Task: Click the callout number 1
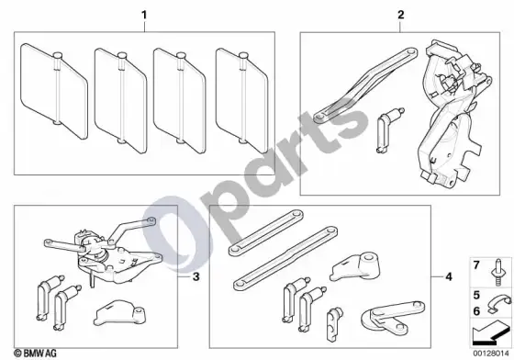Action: point(144,16)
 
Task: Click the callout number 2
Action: point(400,15)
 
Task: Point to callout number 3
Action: point(196,277)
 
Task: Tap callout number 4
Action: point(449,277)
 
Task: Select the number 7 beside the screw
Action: point(476,264)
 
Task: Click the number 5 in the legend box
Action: point(476,295)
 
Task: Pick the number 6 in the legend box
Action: point(476,311)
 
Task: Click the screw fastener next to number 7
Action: point(498,273)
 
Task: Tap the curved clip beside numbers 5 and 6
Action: point(498,304)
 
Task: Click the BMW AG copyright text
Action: point(36,354)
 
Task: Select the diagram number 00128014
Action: point(491,354)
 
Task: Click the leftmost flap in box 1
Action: point(54,91)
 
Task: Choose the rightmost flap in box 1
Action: point(242,101)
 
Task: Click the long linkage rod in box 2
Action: point(365,86)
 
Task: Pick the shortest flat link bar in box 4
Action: point(265,232)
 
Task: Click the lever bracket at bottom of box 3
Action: point(119,313)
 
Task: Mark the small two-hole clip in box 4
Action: point(333,324)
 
